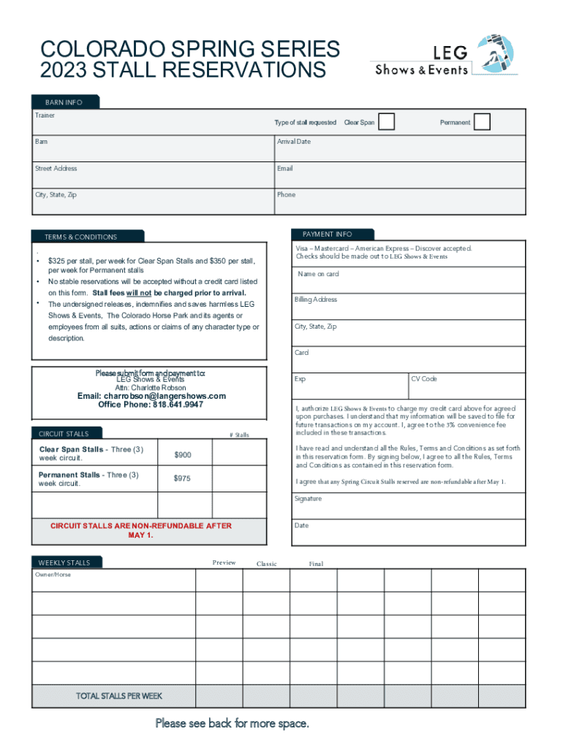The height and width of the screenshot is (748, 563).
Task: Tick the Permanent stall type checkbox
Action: pyautogui.click(x=481, y=122)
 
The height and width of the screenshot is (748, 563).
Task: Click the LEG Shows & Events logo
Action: pyautogui.click(x=445, y=56)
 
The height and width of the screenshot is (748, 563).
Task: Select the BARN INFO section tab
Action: pyautogui.click(x=65, y=102)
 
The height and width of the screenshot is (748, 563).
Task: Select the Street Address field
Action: pyautogui.click(x=152, y=175)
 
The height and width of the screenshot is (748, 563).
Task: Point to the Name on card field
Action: pyautogui.click(x=408, y=280)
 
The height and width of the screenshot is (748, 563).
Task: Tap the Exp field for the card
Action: pyautogui.click(x=349, y=386)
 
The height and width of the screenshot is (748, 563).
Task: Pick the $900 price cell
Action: pyautogui.click(x=183, y=455)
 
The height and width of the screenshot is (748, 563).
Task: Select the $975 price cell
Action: pyautogui.click(x=183, y=478)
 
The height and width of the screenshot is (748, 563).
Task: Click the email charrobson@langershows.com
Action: pyautogui.click(x=151, y=396)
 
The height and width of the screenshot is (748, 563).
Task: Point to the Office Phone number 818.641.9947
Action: pyautogui.click(x=178, y=405)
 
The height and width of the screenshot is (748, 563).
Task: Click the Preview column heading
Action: pyautogui.click(x=224, y=563)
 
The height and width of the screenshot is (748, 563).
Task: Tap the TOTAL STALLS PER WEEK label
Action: pyautogui.click(x=118, y=696)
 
